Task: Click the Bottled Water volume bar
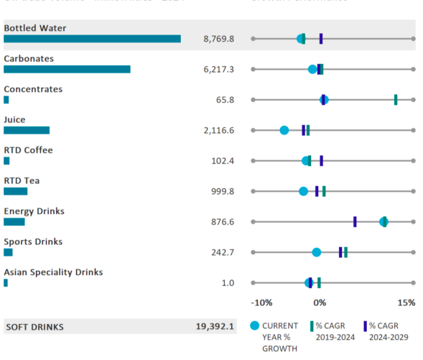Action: tap(92, 39)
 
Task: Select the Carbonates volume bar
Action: tap(67, 69)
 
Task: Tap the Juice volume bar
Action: tap(27, 130)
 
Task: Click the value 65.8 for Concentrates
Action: tap(225, 100)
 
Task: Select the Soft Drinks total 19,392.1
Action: tap(215, 326)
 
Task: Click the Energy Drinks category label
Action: tap(34, 211)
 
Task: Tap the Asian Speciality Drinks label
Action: tap(53, 272)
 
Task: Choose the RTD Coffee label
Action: tap(28, 150)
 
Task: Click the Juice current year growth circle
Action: tap(284, 130)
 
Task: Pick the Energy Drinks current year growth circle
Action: tap(384, 221)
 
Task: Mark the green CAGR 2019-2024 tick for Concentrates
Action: tap(396, 99)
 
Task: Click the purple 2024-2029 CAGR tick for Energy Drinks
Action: tap(355, 221)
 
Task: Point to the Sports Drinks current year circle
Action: tap(317, 252)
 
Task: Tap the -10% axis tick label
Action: tap(262, 303)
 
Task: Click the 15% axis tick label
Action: tap(406, 303)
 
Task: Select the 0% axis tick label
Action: tap(320, 303)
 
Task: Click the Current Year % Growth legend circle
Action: tap(254, 326)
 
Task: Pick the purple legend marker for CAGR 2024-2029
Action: tap(365, 326)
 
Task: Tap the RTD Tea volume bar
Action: tap(15, 191)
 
